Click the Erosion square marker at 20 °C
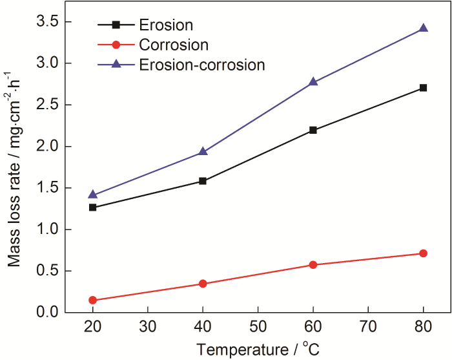[x=93, y=207]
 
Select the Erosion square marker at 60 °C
[x=313, y=130]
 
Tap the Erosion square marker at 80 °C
[x=424, y=87]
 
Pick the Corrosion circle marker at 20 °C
[x=93, y=300]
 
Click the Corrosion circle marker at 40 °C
[x=203, y=284]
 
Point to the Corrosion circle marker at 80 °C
[x=424, y=253]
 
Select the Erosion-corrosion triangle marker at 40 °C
[x=203, y=151]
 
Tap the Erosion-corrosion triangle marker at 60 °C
[x=313, y=81]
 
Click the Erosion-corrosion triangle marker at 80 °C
[x=424, y=28]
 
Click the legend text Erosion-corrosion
[x=201, y=65]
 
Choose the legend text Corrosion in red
[x=174, y=45]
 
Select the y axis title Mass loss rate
[x=14, y=167]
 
